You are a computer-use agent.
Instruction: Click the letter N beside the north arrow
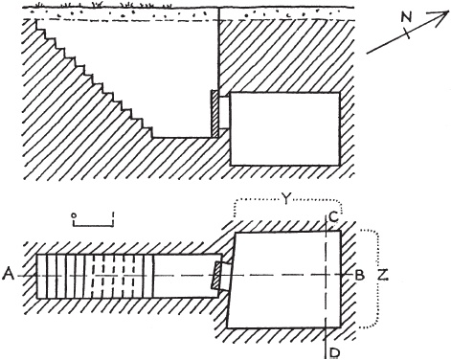(x=406, y=17)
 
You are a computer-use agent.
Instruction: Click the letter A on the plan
(x=9, y=275)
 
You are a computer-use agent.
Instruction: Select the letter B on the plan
(x=360, y=275)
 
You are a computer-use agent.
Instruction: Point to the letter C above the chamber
(x=332, y=217)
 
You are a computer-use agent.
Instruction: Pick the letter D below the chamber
(x=334, y=352)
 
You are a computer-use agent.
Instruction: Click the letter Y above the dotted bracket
(x=286, y=199)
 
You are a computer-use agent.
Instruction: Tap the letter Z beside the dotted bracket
(x=383, y=275)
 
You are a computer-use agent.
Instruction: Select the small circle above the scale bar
(x=74, y=215)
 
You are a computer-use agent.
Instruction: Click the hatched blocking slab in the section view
(x=214, y=114)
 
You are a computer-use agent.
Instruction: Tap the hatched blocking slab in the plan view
(x=216, y=276)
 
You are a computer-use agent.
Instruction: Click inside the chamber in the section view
(x=284, y=129)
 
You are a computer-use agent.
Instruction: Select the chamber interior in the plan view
(x=284, y=280)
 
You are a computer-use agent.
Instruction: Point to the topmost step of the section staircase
(x=40, y=25)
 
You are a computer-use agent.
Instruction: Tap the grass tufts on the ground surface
(x=103, y=5)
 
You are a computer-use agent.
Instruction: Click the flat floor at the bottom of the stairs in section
(x=182, y=138)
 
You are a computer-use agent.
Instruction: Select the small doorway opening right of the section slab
(x=224, y=113)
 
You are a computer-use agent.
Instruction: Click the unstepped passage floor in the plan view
(x=184, y=277)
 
